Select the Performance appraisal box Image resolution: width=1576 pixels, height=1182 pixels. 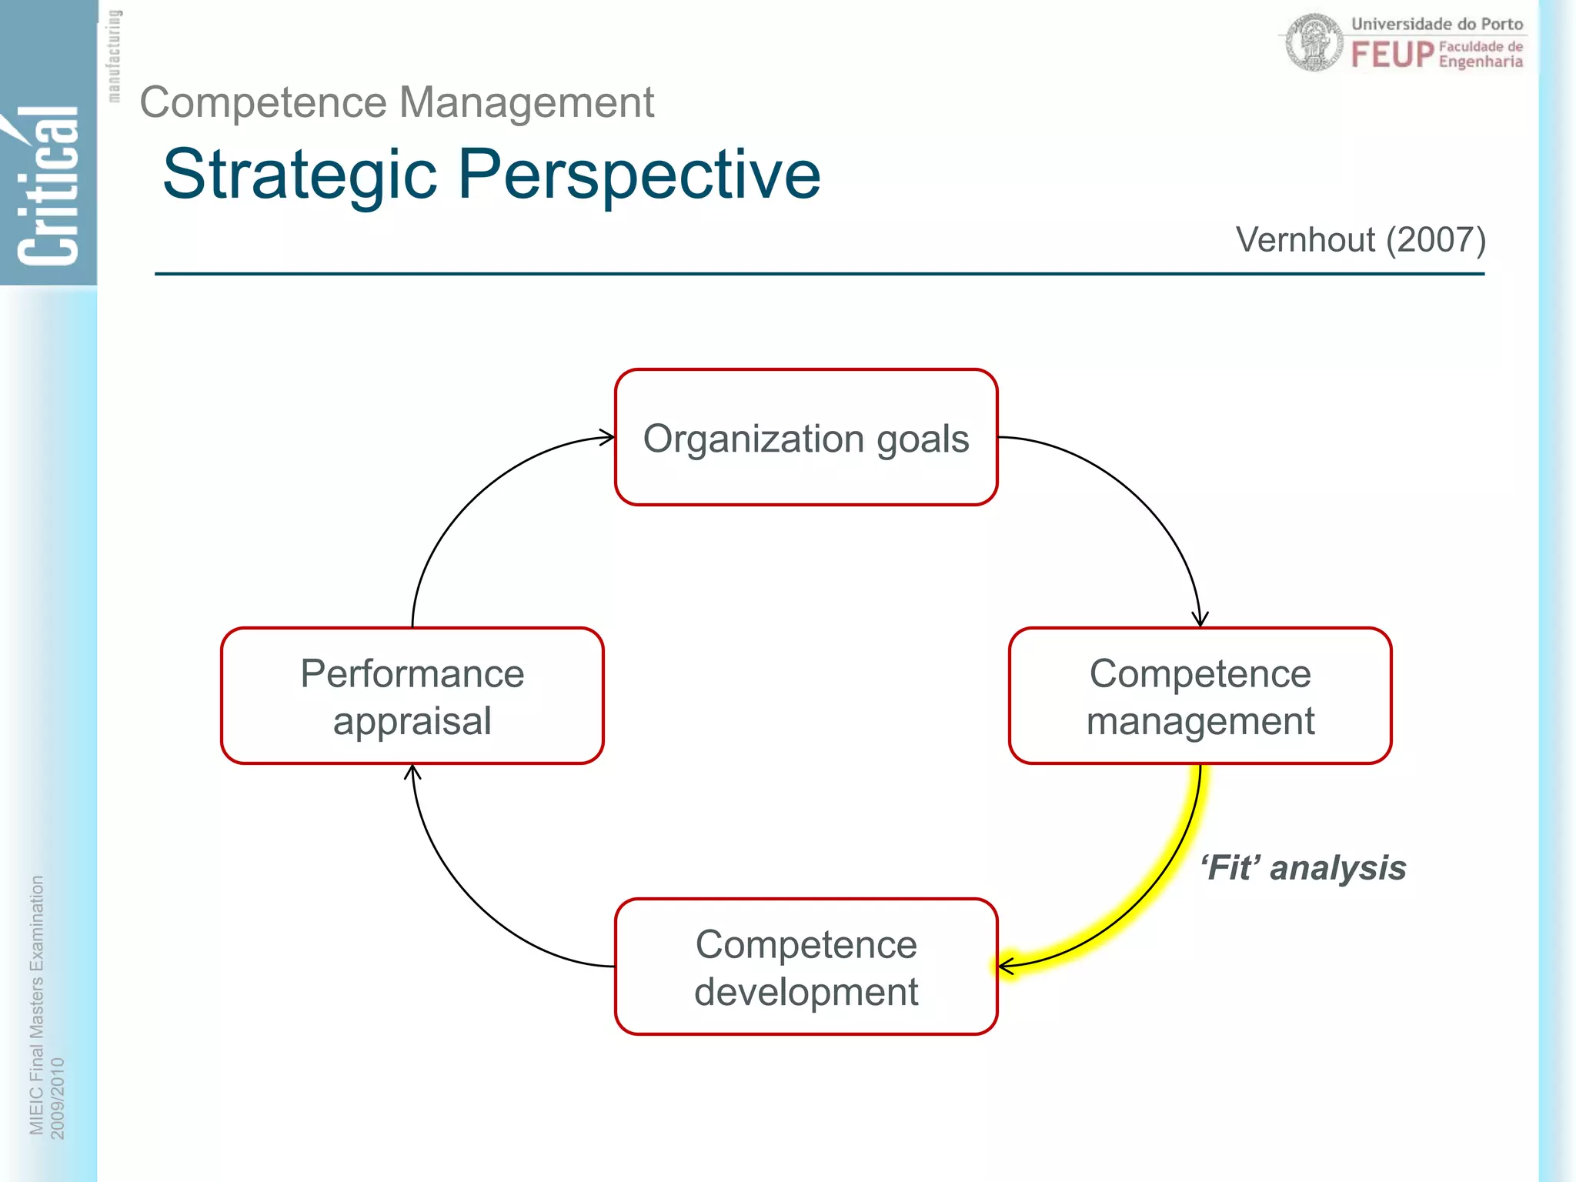tap(412, 696)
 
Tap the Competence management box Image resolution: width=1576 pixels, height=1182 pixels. tap(1200, 696)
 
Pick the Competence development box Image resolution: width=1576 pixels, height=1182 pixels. tap(806, 967)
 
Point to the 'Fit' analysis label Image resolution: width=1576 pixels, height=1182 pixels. tap(1303, 868)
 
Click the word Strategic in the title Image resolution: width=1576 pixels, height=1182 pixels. tap(300, 175)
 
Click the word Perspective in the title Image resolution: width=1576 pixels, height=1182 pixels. tap(639, 175)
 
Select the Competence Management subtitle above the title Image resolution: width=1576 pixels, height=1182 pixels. tap(396, 102)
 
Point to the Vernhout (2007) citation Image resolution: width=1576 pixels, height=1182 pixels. tap(1360, 240)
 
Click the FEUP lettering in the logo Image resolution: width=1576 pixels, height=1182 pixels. tap(1393, 55)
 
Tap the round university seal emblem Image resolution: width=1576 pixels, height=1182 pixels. tap(1314, 42)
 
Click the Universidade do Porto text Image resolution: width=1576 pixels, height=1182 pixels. tap(1437, 24)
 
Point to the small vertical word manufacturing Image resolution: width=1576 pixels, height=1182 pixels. tap(114, 55)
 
